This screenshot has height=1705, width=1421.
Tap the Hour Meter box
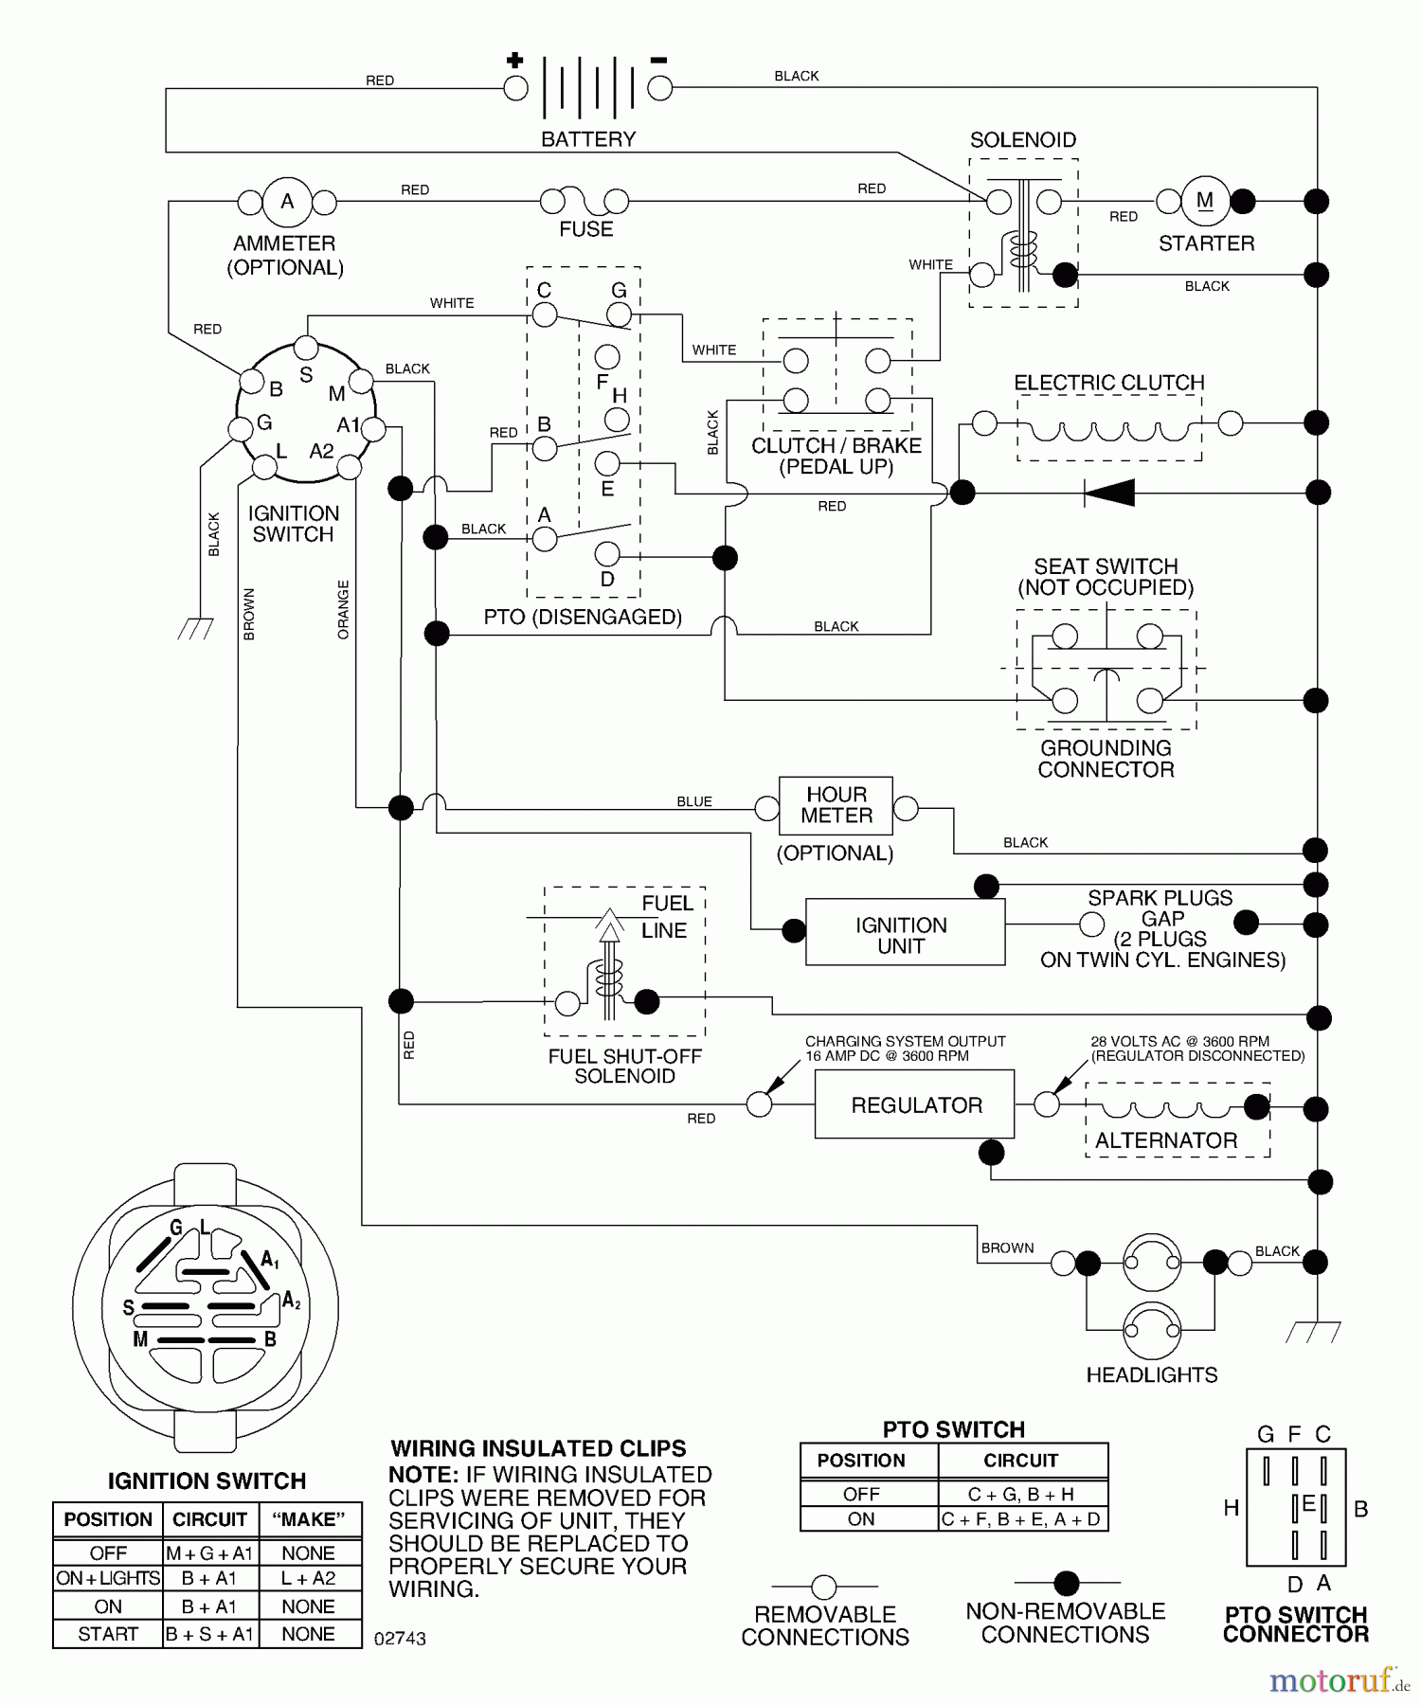[836, 805]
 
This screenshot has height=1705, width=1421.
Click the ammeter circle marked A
[286, 202]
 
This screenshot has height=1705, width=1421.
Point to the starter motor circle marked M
[1204, 201]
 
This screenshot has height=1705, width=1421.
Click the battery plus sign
[514, 61]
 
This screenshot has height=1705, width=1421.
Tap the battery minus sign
[658, 61]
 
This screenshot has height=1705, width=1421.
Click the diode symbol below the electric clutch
[1110, 493]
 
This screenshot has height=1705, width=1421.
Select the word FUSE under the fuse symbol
[585, 229]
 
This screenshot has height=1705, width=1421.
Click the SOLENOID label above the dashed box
[1022, 140]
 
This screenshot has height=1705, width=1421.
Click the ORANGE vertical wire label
[343, 609]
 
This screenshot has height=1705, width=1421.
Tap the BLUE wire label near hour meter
[693, 801]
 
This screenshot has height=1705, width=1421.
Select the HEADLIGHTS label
[1151, 1374]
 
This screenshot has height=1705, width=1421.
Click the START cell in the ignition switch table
[108, 1634]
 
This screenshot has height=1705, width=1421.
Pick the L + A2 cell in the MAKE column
[309, 1578]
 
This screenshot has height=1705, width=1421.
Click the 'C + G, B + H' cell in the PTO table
[1020, 1495]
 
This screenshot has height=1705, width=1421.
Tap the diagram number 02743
[400, 1639]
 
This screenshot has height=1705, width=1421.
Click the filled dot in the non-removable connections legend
[1067, 1582]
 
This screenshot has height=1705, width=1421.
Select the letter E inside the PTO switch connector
[1308, 1504]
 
